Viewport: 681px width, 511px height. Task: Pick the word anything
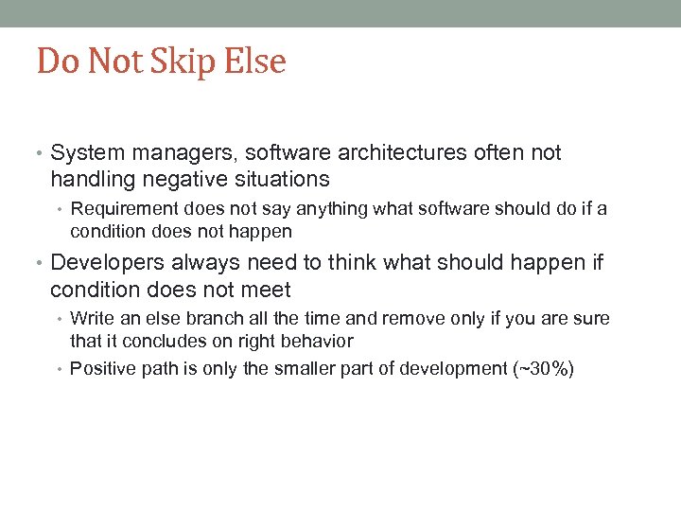point(331,209)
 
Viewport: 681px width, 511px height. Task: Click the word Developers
point(107,264)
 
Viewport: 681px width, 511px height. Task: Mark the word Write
point(92,319)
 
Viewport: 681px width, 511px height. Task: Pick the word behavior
point(318,341)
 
